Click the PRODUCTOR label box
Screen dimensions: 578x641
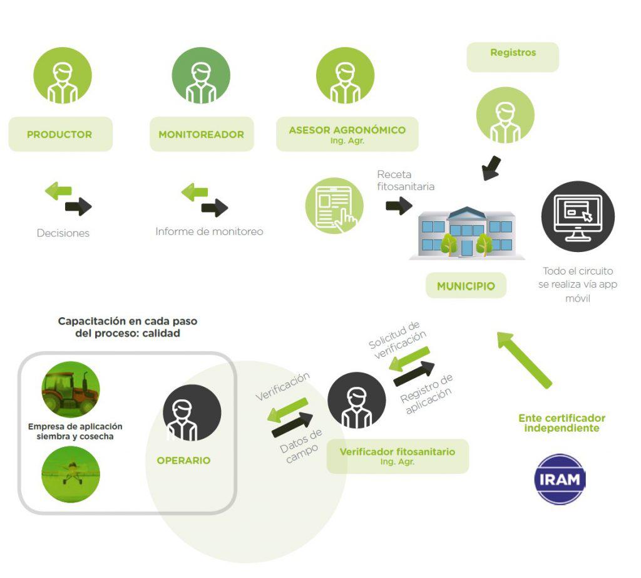point(60,134)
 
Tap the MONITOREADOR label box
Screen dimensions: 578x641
point(201,134)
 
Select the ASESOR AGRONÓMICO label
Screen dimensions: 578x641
point(347,134)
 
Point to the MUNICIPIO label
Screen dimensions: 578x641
point(466,286)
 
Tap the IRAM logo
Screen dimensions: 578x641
point(560,480)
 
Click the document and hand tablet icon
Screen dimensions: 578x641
point(334,206)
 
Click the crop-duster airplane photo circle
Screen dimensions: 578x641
point(70,473)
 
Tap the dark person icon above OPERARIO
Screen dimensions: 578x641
point(192,413)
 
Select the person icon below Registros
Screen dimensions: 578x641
point(505,115)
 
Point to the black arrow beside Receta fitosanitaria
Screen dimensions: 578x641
point(398,205)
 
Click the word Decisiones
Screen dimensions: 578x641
point(63,233)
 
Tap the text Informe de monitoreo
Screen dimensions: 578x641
point(209,231)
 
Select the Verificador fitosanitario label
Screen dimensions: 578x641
point(397,456)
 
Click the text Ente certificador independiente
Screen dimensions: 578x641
point(562,423)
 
